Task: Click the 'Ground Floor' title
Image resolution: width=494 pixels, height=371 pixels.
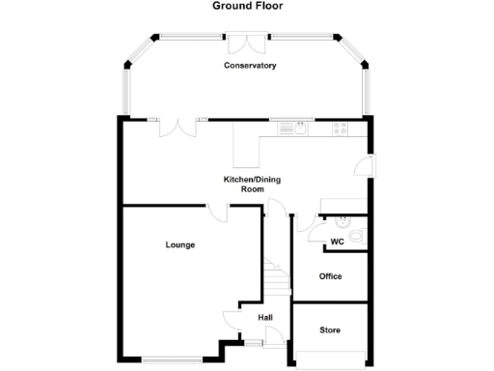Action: pos(246,6)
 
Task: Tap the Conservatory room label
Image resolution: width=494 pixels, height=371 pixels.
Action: pos(250,66)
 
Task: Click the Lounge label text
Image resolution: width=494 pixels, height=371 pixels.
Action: pos(179,245)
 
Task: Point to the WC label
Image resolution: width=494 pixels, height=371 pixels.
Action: pos(337,242)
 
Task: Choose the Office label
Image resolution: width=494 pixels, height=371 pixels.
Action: pos(330,276)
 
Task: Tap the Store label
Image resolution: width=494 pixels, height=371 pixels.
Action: pos(330,330)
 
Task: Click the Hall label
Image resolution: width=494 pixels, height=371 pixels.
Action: pos(264,317)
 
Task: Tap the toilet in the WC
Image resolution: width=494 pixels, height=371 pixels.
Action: pos(357,236)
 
